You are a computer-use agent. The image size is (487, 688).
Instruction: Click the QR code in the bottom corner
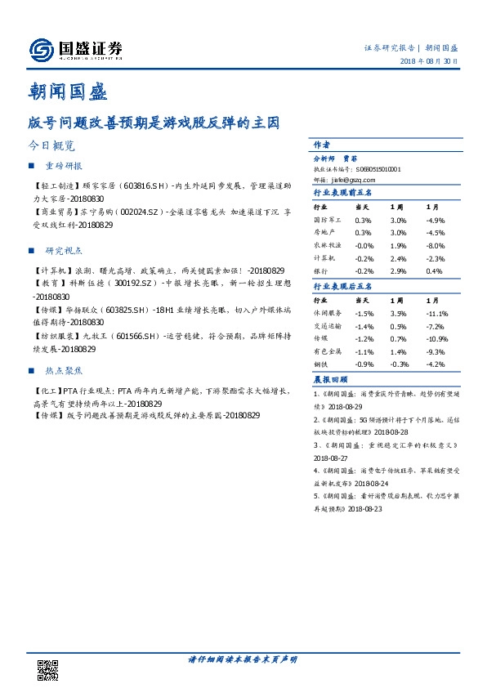tap(49, 669)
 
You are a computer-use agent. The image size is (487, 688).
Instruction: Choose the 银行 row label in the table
tap(320, 270)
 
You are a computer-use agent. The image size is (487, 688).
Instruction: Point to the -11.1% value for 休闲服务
tap(436, 314)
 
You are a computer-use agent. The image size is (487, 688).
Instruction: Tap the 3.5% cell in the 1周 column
tap(398, 314)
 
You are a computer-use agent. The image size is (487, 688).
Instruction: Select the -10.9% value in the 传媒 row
tap(436, 338)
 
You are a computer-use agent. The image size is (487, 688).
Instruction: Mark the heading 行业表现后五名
tap(343, 286)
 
